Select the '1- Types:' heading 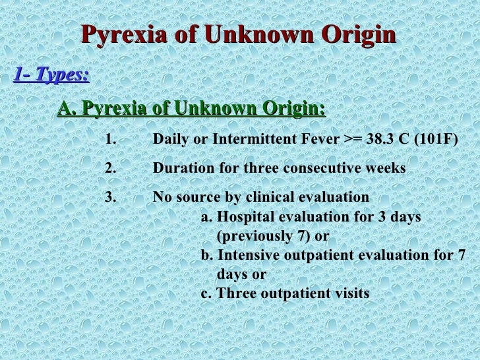pos(51,75)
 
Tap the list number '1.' pos(110,140)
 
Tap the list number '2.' pos(110,168)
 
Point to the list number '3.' pos(110,197)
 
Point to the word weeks pos(386,168)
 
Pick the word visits pos(351,293)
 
